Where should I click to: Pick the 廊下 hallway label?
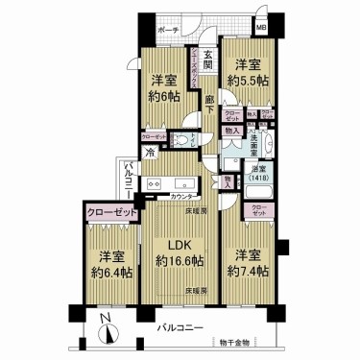pyautogui.click(x=209, y=96)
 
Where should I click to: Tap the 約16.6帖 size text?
pyautogui.click(x=180, y=260)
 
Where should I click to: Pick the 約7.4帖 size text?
pyautogui.click(x=248, y=273)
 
